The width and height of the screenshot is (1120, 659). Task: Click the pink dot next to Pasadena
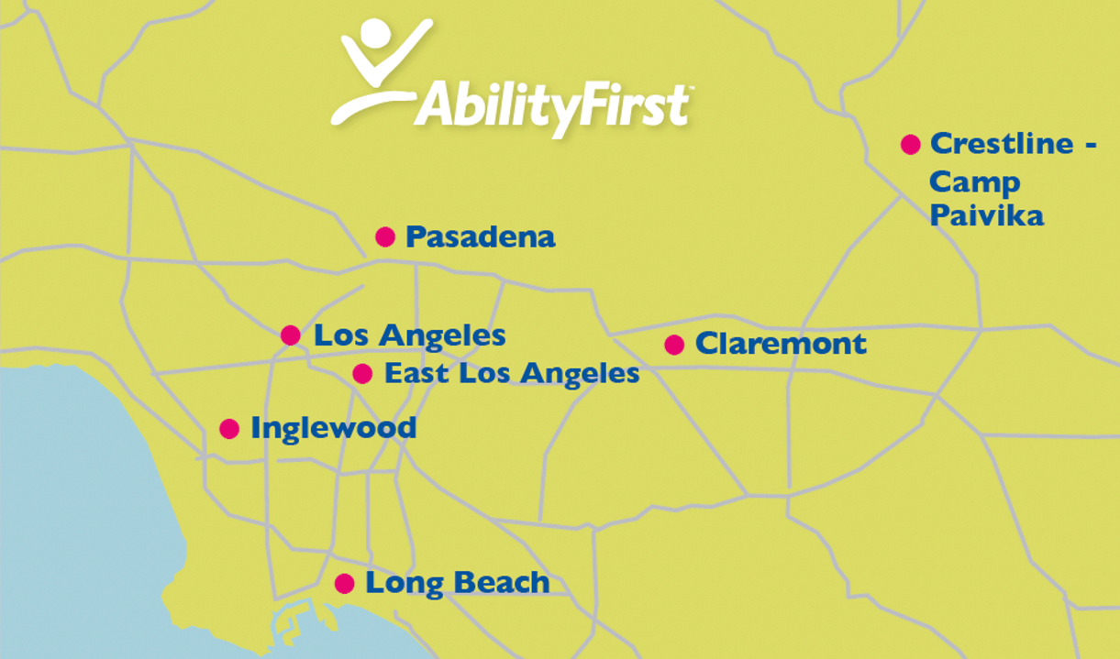click(385, 236)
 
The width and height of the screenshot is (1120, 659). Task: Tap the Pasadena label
click(481, 236)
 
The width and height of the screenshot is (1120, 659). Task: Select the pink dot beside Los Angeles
click(291, 335)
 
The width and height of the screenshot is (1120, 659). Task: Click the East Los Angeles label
click(512, 374)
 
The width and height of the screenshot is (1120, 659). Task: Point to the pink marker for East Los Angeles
click(362, 374)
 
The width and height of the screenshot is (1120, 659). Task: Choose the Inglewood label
click(334, 429)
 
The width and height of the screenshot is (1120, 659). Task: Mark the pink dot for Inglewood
click(229, 429)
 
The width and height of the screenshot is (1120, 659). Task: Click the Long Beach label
click(458, 584)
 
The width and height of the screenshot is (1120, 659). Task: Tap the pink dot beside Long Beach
click(345, 584)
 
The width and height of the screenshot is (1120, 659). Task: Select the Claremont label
click(781, 344)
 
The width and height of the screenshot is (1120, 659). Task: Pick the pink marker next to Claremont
click(674, 345)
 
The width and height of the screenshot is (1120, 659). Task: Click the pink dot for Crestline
click(911, 145)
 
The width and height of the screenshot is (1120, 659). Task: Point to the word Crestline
click(1002, 143)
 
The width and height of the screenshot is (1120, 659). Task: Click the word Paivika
click(986, 215)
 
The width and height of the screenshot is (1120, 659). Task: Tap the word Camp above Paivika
click(974, 183)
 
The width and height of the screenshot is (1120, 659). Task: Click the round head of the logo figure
click(375, 33)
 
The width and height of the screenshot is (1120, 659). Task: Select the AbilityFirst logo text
click(553, 107)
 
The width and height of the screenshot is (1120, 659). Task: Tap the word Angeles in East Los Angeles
click(580, 375)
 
